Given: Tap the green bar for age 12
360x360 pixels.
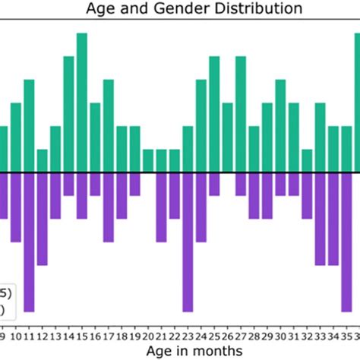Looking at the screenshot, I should [43, 160].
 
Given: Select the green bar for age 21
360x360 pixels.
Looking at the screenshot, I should [161, 160].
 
